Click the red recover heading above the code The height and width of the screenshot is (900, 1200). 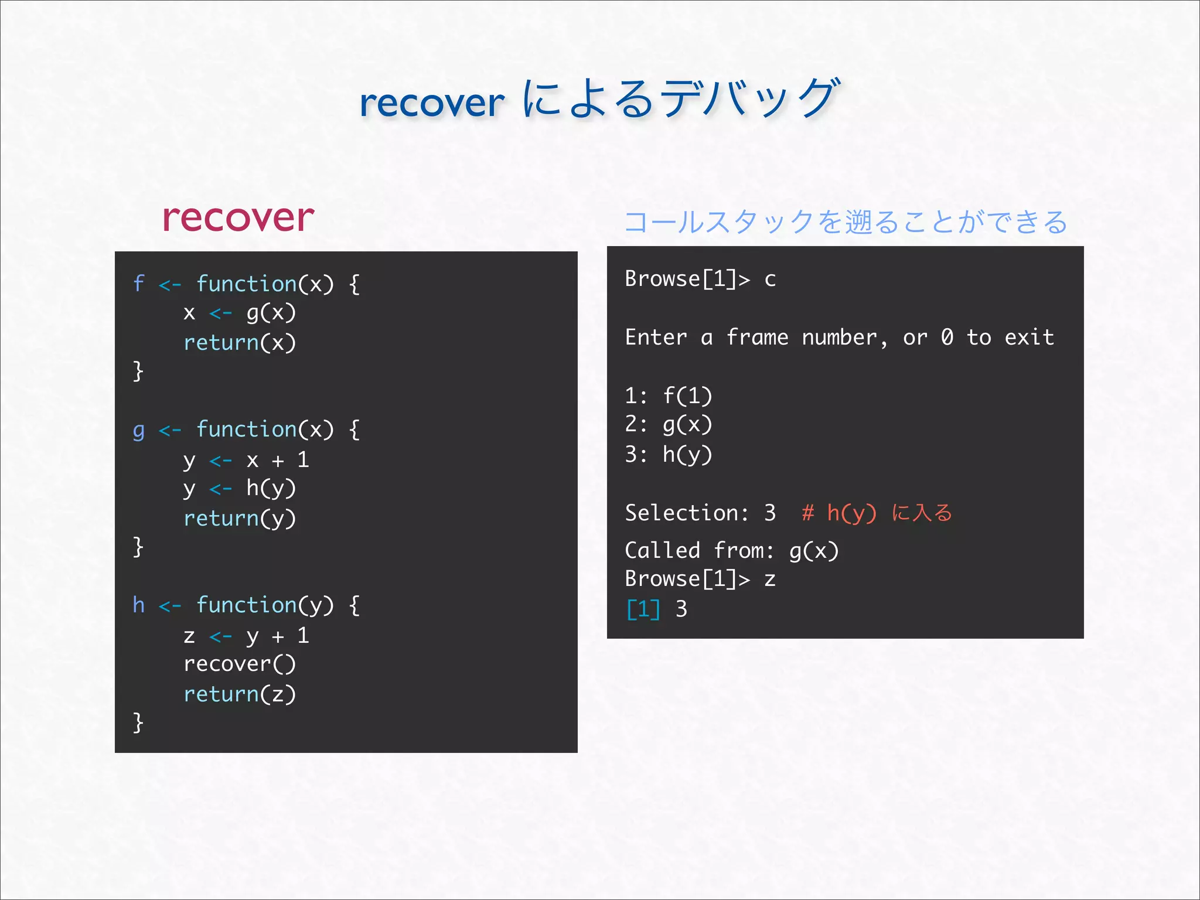238,218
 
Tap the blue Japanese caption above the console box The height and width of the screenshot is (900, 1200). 846,222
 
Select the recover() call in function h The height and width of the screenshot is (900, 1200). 240,664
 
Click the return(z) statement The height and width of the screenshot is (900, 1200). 240,694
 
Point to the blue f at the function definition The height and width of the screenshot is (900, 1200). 138,284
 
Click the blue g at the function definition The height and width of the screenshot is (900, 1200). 138,431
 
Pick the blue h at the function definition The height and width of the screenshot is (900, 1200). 138,605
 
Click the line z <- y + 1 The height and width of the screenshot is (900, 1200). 246,636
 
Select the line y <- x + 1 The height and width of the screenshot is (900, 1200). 246,460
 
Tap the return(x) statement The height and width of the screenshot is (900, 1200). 240,343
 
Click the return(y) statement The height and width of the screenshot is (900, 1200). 240,519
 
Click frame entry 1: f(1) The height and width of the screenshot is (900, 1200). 669,396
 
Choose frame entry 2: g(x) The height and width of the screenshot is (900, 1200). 669,425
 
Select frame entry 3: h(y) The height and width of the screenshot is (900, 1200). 669,455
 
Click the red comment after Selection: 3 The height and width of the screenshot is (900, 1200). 877,513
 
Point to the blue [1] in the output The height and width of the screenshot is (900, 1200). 643,609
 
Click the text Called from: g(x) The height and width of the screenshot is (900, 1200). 732,551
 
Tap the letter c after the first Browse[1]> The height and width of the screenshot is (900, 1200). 770,280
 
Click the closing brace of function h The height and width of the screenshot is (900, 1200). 138,722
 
